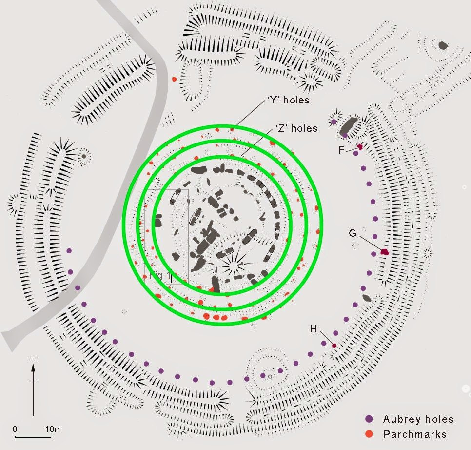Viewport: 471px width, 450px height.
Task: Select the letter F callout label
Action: click(x=342, y=150)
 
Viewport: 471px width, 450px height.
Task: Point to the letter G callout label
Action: click(x=353, y=233)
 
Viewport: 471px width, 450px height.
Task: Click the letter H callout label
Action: click(x=314, y=329)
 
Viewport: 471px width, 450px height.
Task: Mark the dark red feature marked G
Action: click(x=384, y=252)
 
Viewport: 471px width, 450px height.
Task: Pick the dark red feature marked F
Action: click(x=360, y=146)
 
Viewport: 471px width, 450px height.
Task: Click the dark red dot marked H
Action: click(x=334, y=346)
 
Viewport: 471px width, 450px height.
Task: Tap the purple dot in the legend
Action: click(x=370, y=419)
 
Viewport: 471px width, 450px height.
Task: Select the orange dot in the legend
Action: click(x=370, y=434)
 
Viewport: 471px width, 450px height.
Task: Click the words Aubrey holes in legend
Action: click(x=418, y=419)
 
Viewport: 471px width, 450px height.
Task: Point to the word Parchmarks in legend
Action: click(x=414, y=434)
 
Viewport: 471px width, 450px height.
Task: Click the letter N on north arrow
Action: click(x=33, y=360)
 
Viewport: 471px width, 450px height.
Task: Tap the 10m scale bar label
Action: click(x=53, y=429)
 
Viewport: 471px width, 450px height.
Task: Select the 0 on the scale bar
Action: click(x=15, y=429)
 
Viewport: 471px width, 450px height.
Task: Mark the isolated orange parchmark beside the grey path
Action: click(x=174, y=79)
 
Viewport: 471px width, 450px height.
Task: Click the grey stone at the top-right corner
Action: click(x=443, y=45)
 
